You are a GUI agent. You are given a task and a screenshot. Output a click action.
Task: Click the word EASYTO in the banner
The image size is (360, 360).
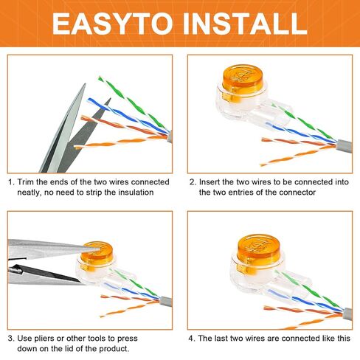[x=112, y=24]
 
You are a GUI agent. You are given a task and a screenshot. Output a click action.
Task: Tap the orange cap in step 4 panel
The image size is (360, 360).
[x=258, y=249]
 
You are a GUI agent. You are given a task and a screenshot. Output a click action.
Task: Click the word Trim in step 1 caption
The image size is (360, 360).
[x=26, y=182]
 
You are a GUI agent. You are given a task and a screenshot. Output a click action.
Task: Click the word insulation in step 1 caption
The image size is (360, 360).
[x=136, y=192]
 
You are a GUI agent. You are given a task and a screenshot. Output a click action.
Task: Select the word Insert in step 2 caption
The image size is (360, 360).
[x=210, y=182]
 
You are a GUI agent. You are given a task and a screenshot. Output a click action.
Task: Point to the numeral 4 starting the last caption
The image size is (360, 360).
[x=191, y=339]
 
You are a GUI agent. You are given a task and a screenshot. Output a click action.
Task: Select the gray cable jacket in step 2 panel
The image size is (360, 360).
[x=345, y=146]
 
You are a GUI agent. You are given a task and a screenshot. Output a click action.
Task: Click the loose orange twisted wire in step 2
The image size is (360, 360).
[x=297, y=155]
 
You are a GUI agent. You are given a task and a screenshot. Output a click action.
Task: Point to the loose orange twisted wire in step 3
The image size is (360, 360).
[x=127, y=309]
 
